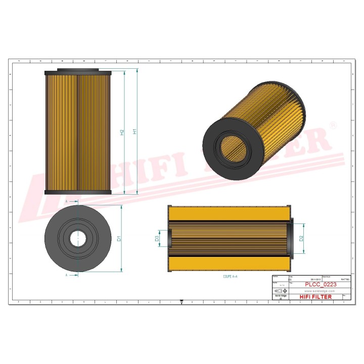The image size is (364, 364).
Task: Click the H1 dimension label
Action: [134, 132]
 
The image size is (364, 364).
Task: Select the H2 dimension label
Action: [122, 132]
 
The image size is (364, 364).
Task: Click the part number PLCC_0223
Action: [321, 285]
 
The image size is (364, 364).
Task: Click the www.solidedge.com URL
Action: [320, 291]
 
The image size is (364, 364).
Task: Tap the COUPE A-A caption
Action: [231, 276]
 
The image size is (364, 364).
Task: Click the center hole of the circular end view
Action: [78, 239]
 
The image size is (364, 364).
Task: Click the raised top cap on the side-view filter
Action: [77, 70]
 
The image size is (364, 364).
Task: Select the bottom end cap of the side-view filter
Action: [77, 192]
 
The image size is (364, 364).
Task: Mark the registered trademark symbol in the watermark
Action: [333, 124]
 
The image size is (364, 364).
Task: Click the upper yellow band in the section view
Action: [230, 214]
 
